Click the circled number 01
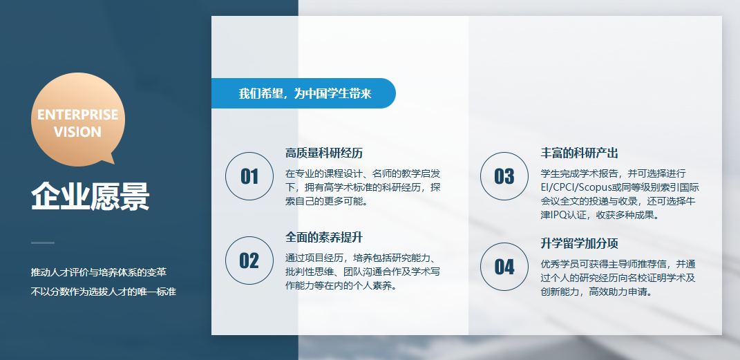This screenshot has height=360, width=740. (x=249, y=176)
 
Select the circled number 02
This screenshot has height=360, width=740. (x=249, y=260)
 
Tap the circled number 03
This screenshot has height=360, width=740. (x=504, y=176)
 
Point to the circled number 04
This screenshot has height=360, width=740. (x=504, y=267)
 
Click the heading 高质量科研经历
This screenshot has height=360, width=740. (x=324, y=153)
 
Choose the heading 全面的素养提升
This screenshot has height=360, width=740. (x=324, y=237)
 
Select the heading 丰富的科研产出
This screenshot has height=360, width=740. (x=579, y=153)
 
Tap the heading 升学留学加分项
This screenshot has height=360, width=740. (x=579, y=243)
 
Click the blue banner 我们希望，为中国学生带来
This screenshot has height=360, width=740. (x=303, y=93)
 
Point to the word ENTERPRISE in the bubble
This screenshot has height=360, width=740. (x=78, y=115)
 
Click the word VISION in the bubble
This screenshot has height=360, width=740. (x=78, y=132)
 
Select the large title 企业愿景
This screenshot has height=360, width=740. (x=90, y=196)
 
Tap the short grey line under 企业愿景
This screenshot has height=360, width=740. (x=43, y=243)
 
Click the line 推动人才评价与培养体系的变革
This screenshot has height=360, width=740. (x=99, y=273)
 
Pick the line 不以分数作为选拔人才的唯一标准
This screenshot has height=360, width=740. (x=104, y=292)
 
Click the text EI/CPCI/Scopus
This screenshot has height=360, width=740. (x=571, y=187)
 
